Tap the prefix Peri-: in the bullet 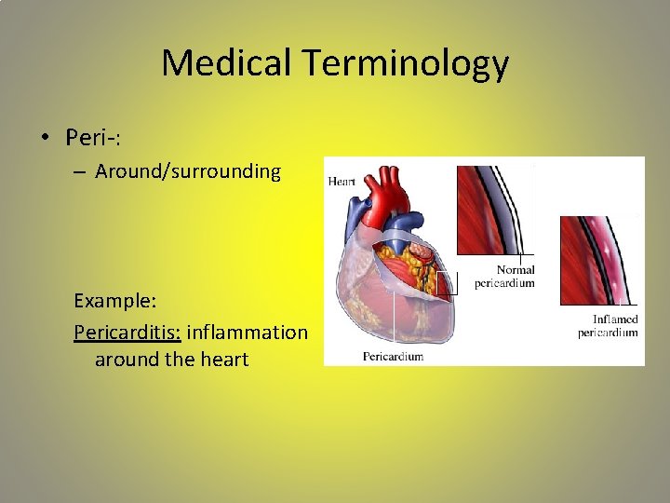94,138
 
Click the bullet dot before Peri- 44,139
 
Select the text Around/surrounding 188,172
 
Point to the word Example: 114,302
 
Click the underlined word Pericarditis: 127,332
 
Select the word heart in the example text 223,360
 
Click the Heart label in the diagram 342,181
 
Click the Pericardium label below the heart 393,356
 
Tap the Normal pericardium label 504,277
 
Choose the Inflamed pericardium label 608,326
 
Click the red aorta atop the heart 383,196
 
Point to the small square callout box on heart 448,283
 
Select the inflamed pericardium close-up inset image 597,260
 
